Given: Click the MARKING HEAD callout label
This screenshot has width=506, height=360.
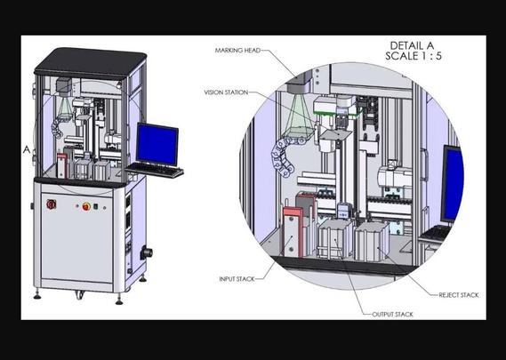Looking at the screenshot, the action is (237, 51).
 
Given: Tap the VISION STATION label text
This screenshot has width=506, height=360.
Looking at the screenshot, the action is (226, 92).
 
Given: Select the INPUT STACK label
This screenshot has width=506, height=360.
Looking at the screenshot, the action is (237, 279).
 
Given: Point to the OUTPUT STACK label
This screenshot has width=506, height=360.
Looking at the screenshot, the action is (392, 314).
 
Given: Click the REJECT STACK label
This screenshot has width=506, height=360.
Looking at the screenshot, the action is (459, 295).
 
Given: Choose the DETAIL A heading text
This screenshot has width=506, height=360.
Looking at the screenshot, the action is (413, 45).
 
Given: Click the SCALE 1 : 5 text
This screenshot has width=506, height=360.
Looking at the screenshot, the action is (414, 56).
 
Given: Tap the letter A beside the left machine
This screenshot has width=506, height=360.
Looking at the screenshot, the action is (27, 149).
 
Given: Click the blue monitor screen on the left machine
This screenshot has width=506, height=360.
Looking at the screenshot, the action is (157, 144).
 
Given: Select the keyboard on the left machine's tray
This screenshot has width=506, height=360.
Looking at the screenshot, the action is (155, 170).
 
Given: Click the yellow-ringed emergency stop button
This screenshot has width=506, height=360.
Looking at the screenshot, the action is (86, 206).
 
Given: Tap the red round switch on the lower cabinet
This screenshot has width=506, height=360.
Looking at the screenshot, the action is (51, 204).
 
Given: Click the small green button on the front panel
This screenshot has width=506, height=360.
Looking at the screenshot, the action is (95, 206).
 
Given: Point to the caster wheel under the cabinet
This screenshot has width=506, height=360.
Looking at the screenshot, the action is (80, 294).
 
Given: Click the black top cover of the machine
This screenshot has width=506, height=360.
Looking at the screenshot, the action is (91, 62).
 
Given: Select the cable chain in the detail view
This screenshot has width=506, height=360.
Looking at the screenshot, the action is (284, 155).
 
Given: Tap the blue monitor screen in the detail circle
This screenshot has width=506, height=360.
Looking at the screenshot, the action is (454, 184).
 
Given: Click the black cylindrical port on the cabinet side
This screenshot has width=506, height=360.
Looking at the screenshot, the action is (146, 252).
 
